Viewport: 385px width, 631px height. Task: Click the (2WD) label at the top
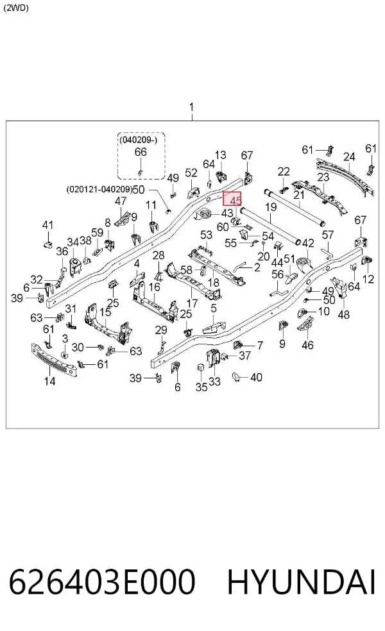[15, 8]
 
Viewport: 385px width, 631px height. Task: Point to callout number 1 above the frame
[192, 107]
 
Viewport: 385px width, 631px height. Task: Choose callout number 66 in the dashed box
[141, 152]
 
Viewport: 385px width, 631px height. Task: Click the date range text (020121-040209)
[100, 189]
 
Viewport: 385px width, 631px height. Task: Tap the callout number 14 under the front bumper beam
[50, 381]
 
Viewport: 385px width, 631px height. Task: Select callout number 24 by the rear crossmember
[349, 156]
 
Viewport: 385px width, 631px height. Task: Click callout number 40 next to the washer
[256, 377]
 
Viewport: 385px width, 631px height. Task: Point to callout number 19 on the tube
[271, 207]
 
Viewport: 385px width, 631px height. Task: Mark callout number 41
[48, 225]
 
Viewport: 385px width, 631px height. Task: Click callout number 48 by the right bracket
[343, 314]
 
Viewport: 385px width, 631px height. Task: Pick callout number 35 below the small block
[201, 387]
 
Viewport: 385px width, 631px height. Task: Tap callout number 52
[191, 172]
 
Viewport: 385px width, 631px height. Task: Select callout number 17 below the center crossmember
[192, 303]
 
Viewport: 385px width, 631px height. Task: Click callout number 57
[329, 234]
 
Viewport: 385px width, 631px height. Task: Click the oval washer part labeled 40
[237, 377]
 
